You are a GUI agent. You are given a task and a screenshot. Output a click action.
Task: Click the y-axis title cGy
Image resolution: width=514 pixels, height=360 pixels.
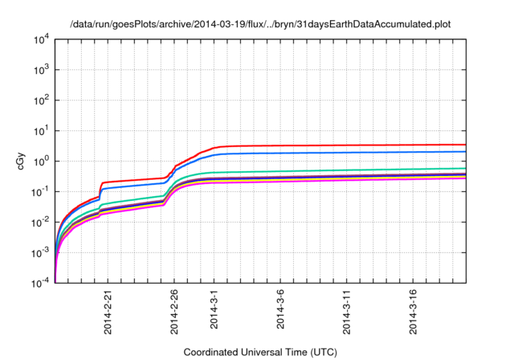(x=22, y=161)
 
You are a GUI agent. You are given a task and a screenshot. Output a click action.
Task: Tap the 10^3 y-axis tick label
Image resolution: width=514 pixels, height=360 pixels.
(x=41, y=70)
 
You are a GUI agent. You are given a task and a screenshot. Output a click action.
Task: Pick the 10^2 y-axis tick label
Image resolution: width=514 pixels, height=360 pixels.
(x=41, y=100)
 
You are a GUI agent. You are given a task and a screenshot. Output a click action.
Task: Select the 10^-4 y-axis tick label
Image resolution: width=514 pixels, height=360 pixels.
(x=41, y=283)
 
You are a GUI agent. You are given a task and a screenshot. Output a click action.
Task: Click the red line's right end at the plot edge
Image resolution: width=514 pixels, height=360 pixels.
(x=465, y=145)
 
